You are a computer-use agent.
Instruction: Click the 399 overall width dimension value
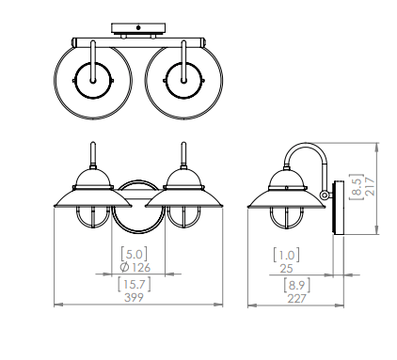tap(134, 297)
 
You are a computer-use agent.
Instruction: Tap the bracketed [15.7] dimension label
tap(134, 284)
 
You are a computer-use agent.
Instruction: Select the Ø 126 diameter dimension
tap(135, 268)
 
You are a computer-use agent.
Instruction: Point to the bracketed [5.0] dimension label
tap(134, 254)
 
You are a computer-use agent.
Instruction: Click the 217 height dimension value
tap(370, 187)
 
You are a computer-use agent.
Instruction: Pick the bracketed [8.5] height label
tap(357, 187)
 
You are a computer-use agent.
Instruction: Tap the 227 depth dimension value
tap(296, 298)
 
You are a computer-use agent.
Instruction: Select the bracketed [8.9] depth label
tap(296, 285)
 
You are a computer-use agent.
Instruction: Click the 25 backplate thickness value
tap(286, 269)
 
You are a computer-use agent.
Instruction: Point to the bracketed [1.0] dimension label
tap(286, 255)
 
